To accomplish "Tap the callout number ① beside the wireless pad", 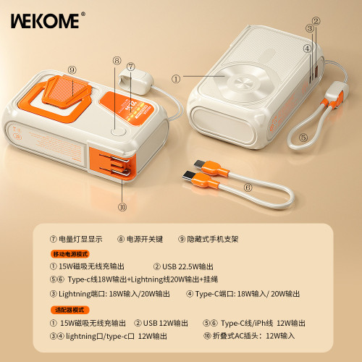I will click(x=174, y=77).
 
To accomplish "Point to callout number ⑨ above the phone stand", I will click(x=72, y=70).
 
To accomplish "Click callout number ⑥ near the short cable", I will click(x=248, y=186).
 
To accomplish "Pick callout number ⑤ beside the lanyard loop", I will click(x=303, y=136).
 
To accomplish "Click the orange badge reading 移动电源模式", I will click(x=70, y=254).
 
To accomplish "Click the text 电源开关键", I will click(x=147, y=238).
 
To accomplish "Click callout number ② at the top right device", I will click(x=316, y=21).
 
